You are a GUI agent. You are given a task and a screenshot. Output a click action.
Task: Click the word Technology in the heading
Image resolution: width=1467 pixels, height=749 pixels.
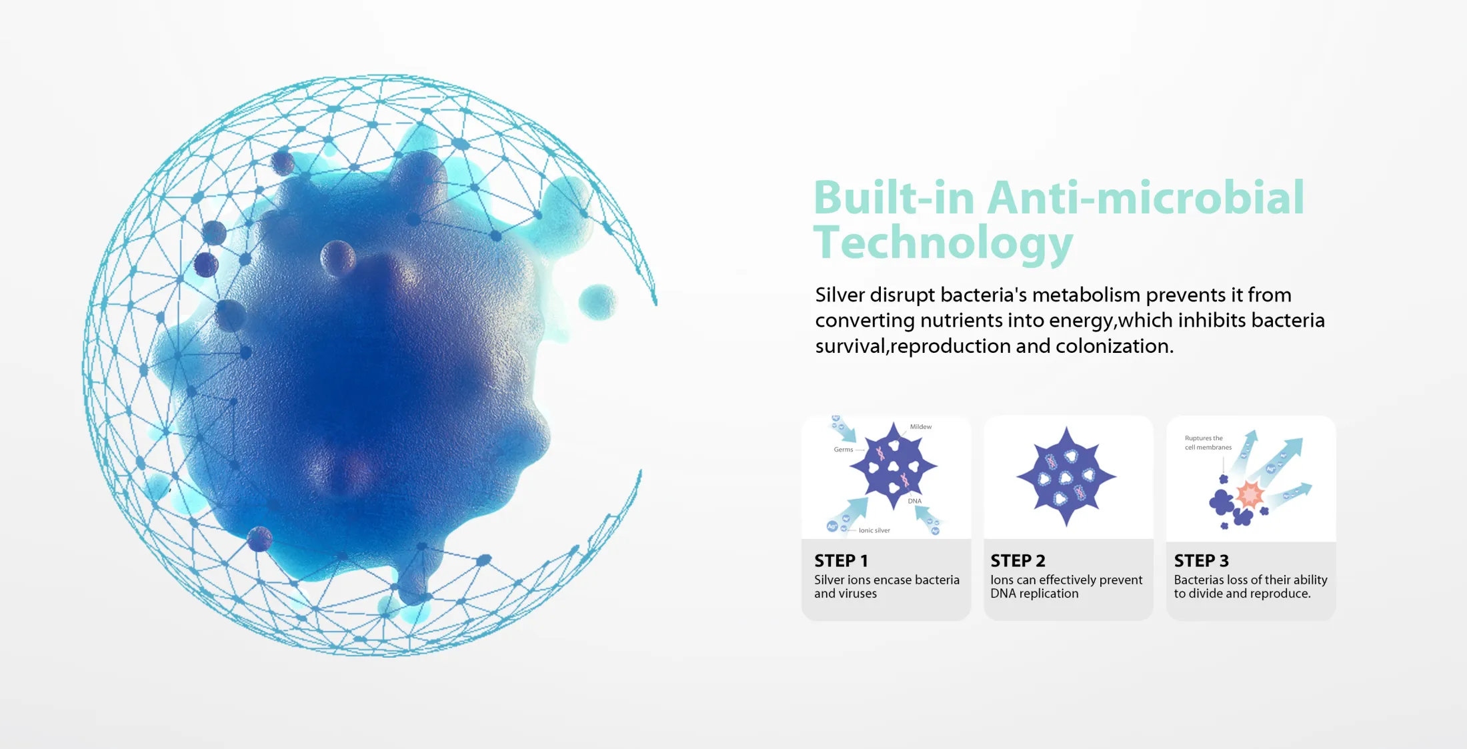click(x=943, y=243)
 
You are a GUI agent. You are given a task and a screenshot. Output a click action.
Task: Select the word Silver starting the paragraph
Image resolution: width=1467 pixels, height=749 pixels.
click(x=840, y=295)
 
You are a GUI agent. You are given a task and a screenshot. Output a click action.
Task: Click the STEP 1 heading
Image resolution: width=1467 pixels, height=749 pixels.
click(x=841, y=561)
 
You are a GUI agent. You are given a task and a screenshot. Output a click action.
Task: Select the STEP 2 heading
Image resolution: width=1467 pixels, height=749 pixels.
click(x=1018, y=561)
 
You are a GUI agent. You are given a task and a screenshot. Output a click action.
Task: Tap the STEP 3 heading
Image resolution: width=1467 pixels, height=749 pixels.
click(x=1201, y=561)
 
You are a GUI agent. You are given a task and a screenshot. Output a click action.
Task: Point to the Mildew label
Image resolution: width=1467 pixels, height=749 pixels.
click(x=921, y=427)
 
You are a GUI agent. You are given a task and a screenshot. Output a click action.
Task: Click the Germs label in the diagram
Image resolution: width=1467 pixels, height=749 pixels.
click(x=843, y=450)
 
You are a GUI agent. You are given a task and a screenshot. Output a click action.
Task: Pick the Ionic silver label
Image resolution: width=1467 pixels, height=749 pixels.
click(x=874, y=531)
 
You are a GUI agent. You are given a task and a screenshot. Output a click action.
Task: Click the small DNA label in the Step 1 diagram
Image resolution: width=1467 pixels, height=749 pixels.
click(x=914, y=501)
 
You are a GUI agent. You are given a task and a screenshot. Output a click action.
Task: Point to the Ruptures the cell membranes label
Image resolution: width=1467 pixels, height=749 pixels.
click(x=1208, y=443)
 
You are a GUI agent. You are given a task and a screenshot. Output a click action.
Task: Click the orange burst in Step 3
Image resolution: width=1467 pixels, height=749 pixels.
click(x=1250, y=495)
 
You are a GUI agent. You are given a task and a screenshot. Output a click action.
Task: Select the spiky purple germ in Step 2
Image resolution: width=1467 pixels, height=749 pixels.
click(x=1066, y=476)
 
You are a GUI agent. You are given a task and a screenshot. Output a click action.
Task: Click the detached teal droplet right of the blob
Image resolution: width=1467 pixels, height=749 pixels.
click(x=597, y=301)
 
